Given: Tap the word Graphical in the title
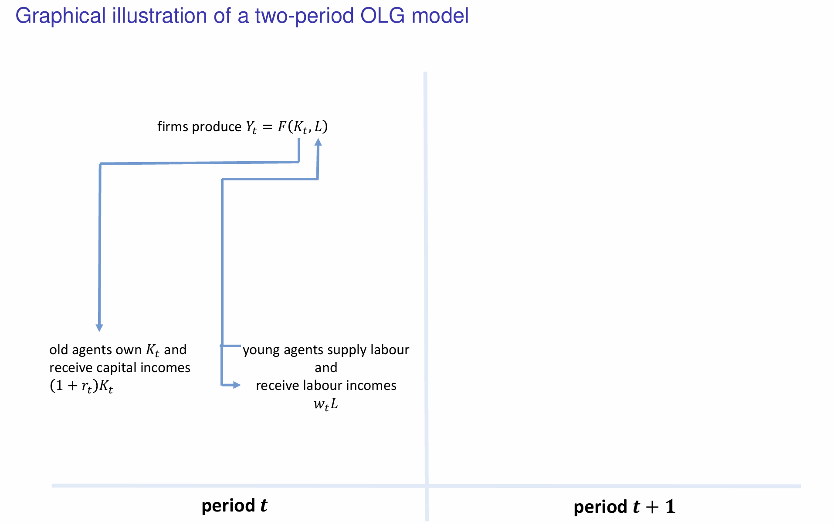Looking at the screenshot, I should click(x=61, y=17).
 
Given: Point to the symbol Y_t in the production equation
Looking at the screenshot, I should click(x=251, y=127).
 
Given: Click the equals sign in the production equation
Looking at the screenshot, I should click(x=267, y=127).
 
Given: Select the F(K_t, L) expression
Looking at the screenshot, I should click(x=303, y=127).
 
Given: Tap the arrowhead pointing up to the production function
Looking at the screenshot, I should click(x=318, y=142).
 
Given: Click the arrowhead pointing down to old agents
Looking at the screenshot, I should click(x=99, y=328).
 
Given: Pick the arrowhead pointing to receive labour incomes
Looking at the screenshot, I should click(x=237, y=385).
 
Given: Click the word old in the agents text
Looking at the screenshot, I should click(x=58, y=349).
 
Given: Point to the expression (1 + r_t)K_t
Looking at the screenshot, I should click(x=81, y=386).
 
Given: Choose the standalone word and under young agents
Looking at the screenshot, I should click(x=326, y=368).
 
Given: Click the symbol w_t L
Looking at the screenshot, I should click(x=326, y=404).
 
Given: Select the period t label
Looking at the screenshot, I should click(x=234, y=505).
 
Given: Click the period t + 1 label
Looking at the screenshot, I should click(x=624, y=507).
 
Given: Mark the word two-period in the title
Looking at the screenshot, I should click(x=305, y=17).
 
